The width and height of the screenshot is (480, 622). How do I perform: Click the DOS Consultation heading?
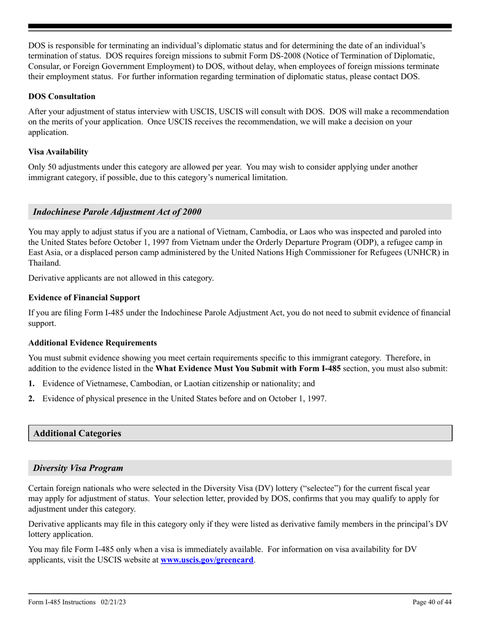[x=62, y=96]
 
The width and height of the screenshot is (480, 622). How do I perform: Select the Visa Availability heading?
[x=58, y=151]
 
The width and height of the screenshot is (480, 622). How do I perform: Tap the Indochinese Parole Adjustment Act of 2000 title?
[x=117, y=212]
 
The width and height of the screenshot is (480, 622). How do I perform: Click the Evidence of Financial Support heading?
[x=84, y=297]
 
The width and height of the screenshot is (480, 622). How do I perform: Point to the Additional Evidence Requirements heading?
[x=92, y=343]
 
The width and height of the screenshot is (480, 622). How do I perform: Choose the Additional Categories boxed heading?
[x=77, y=433]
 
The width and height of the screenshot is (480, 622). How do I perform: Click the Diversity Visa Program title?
[x=78, y=468]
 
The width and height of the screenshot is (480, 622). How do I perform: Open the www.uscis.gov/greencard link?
[x=207, y=560]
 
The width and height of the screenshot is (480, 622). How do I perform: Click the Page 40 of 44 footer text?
[x=432, y=602]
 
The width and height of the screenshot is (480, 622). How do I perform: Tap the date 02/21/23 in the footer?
[x=114, y=602]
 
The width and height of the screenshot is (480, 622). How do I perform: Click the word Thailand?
[x=44, y=262]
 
